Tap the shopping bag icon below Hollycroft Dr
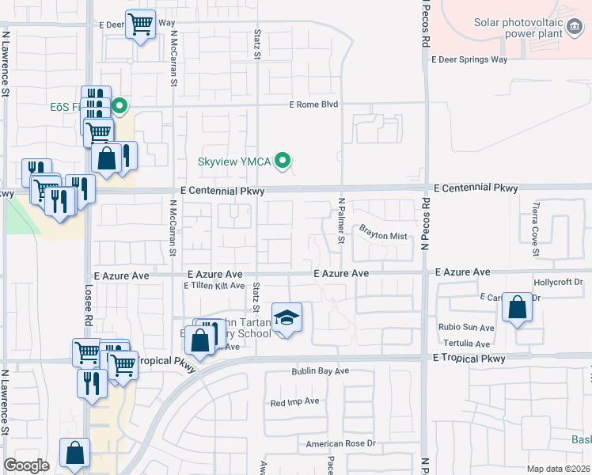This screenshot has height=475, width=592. click(517, 308)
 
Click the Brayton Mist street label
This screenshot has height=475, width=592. click(383, 235)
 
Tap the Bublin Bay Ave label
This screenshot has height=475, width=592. click(320, 370)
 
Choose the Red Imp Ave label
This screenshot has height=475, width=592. click(294, 401)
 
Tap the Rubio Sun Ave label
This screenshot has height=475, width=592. click(467, 327)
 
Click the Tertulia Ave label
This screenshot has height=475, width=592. click(467, 344)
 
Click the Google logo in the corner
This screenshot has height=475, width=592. click(26, 465)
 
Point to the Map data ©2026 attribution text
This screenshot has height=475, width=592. click(557, 469)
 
